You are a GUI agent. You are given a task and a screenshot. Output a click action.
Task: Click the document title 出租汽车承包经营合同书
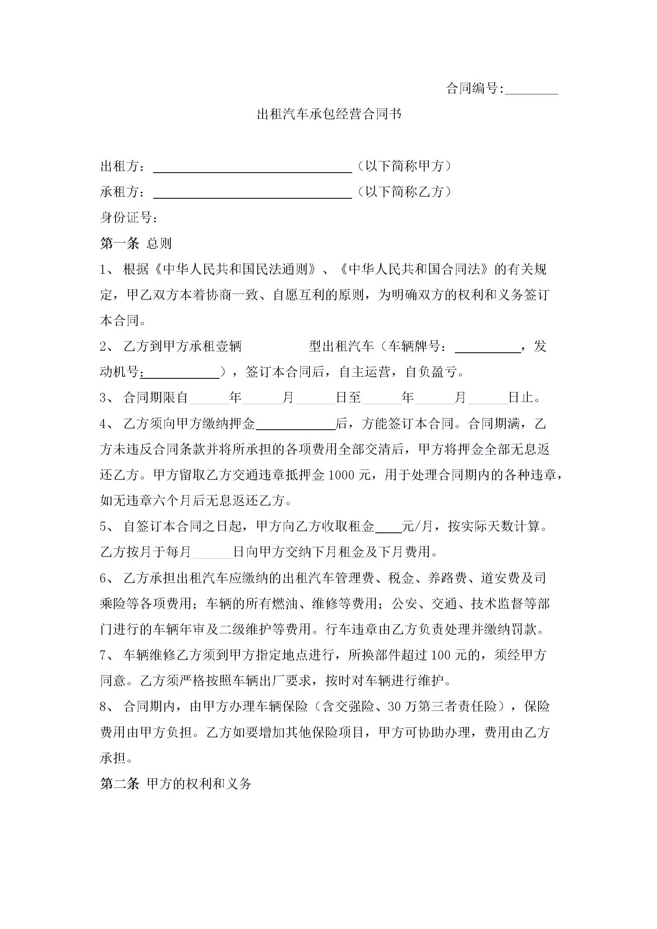coord(329,114)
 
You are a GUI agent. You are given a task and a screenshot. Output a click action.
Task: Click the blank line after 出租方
coord(252,168)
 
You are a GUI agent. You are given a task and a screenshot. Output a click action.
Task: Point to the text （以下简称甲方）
coord(404,166)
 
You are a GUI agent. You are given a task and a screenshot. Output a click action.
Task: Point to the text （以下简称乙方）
coord(404,192)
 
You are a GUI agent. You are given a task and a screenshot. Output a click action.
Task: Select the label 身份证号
coord(128,217)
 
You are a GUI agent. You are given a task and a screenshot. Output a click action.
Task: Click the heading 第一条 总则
coord(135,243)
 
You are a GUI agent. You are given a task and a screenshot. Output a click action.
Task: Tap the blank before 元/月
coord(388,528)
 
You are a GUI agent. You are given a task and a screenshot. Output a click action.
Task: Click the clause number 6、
coord(107,578)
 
